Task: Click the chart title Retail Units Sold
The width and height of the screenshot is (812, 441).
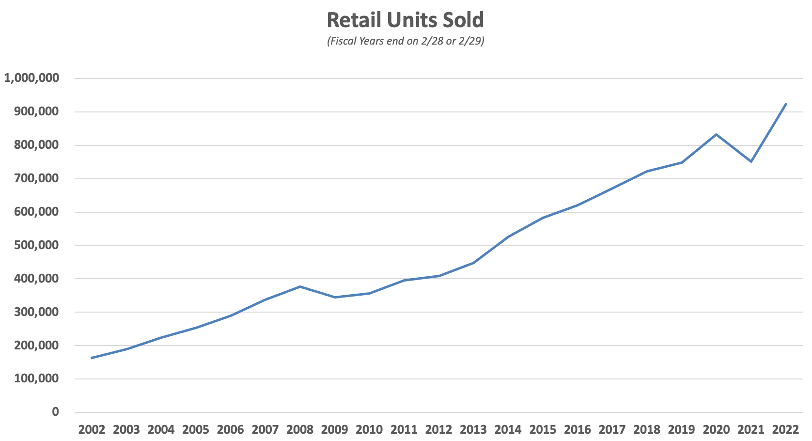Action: click(406, 20)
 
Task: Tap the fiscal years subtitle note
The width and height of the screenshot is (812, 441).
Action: click(406, 41)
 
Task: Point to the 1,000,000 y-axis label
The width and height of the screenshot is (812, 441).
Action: click(31, 78)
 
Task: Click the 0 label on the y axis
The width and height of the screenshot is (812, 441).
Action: click(55, 412)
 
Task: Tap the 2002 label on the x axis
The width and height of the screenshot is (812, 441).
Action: click(92, 430)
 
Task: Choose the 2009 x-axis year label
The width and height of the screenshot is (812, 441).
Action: click(335, 430)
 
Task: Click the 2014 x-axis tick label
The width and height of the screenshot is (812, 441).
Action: click(508, 430)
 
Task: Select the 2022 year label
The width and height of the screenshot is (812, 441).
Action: click(785, 430)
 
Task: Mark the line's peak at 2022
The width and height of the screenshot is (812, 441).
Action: click(786, 104)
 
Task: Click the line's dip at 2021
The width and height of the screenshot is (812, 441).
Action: click(751, 161)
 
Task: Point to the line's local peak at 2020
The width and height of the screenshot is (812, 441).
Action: click(716, 134)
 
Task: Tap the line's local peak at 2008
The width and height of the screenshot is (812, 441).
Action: click(300, 286)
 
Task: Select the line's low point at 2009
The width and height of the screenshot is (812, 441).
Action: click(335, 297)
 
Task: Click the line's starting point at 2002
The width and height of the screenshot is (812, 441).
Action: click(92, 358)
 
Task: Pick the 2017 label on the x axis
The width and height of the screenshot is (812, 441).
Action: click(612, 430)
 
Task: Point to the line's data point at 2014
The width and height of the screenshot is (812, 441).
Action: click(508, 236)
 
